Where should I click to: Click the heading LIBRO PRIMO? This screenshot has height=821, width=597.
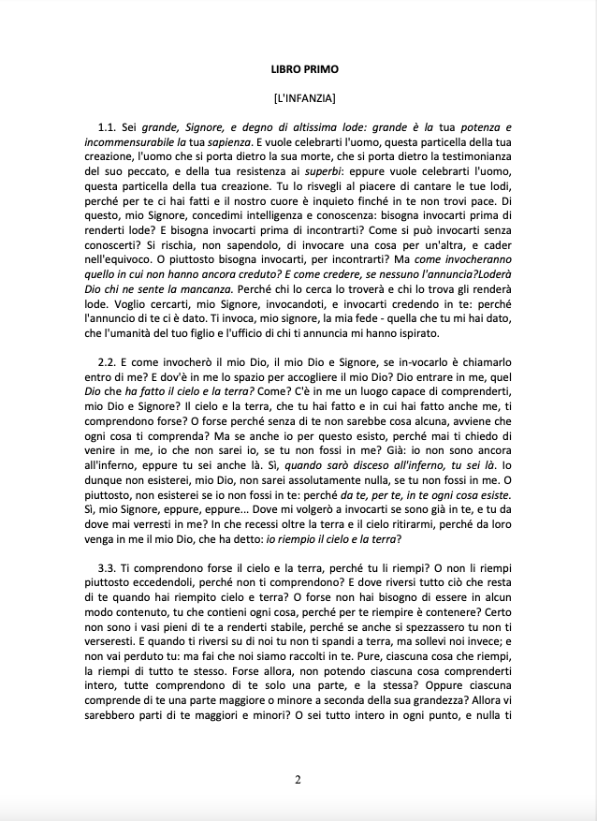pos(298,69)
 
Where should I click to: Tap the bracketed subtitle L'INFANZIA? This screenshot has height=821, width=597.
pos(298,96)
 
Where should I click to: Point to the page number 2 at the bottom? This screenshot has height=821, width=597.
pos(298,780)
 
